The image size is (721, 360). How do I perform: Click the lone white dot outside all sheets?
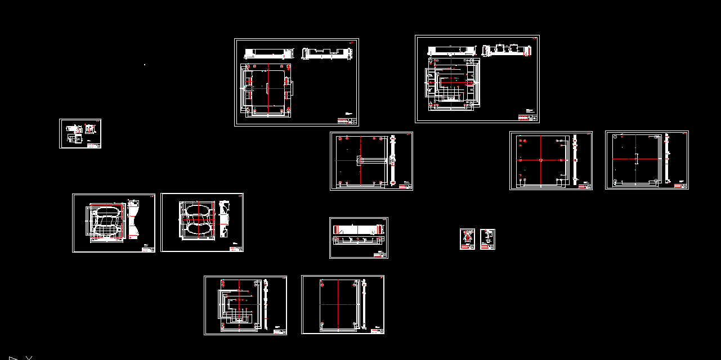[x=145, y=65]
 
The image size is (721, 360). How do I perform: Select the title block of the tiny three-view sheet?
[x=94, y=145]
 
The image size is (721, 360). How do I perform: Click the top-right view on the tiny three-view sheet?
[x=89, y=129]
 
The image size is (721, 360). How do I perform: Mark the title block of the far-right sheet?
[x=681, y=186]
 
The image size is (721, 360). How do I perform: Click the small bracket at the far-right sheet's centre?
[x=635, y=160]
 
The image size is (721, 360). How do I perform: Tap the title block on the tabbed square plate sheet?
[x=347, y=121]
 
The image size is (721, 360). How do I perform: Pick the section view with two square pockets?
[x=508, y=50]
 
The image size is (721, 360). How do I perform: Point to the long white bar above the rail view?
[x=358, y=229]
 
